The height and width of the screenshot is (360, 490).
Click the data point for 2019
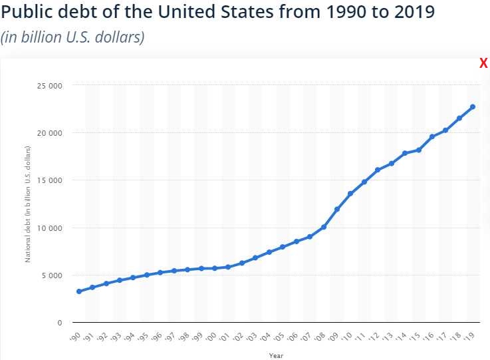[x=472, y=106]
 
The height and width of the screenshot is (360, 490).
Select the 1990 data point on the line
[x=79, y=291]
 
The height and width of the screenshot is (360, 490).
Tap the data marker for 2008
[x=323, y=227]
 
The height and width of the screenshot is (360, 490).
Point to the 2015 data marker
[x=418, y=150]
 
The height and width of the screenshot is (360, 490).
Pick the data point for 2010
[x=350, y=194]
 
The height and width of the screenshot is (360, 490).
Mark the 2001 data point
[x=228, y=267]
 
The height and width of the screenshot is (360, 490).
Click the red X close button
[x=483, y=64]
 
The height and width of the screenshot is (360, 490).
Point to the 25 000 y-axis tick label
[x=51, y=86]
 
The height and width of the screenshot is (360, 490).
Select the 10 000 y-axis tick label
[x=51, y=228]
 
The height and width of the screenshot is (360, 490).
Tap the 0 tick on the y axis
[x=59, y=323]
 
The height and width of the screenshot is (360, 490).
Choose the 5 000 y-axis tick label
[x=53, y=275]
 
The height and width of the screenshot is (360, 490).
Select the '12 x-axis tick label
[x=376, y=337]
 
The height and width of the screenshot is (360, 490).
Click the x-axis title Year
[x=276, y=355]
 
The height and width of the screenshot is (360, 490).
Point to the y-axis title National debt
[x=28, y=204]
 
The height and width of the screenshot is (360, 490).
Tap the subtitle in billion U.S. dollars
[x=72, y=37]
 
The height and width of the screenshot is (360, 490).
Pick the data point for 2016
[x=431, y=136]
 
